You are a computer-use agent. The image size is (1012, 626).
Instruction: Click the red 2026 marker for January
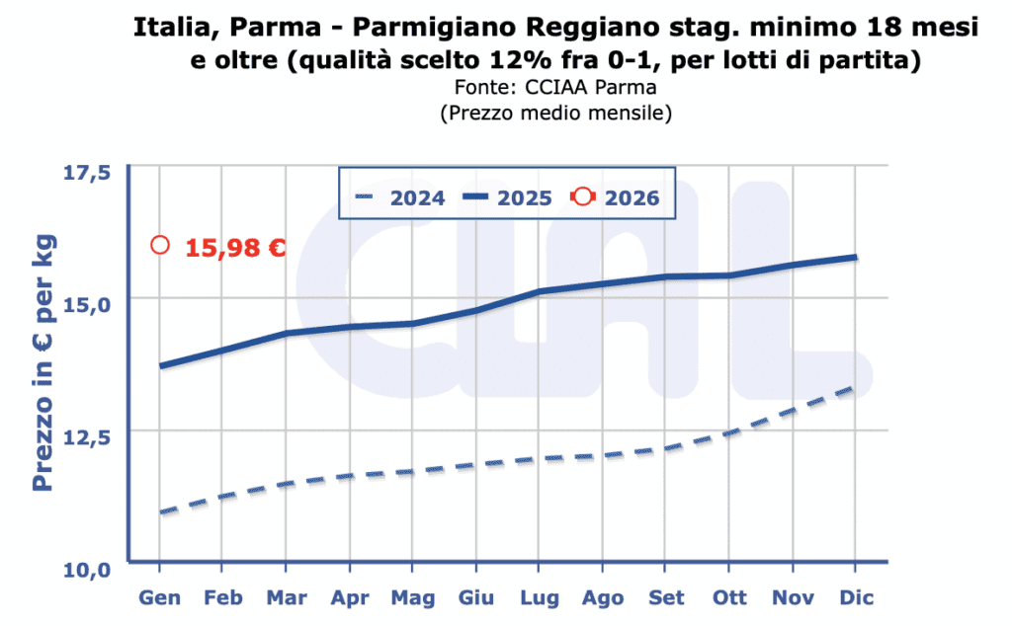[x=160, y=245]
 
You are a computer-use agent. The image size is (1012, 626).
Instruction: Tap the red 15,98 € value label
[x=235, y=247]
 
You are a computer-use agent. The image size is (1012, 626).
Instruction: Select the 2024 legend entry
[x=401, y=197]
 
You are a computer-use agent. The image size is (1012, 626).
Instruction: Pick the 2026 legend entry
[x=616, y=197]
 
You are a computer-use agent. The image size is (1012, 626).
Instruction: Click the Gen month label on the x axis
[x=159, y=598]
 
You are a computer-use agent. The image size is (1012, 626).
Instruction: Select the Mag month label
[x=412, y=598]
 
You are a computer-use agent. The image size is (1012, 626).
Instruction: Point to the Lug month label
[x=540, y=598]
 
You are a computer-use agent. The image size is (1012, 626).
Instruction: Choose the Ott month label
[x=729, y=598]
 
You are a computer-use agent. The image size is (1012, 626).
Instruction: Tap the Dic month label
[x=855, y=598]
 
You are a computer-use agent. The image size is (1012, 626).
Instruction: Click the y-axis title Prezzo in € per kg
[x=43, y=363]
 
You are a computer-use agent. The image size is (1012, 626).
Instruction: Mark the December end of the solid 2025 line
[x=855, y=257]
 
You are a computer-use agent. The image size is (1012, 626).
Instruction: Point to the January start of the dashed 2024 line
[x=161, y=511]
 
